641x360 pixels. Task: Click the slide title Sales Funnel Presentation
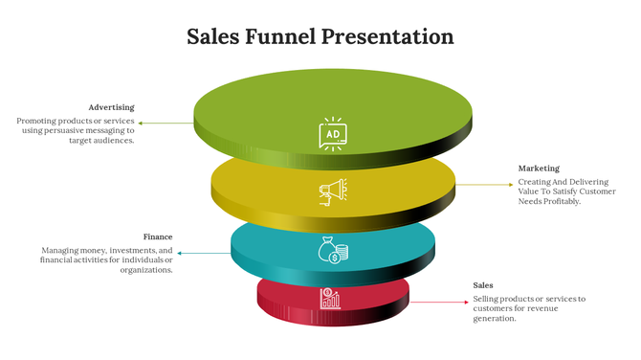(320, 37)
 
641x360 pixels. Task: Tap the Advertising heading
(111, 107)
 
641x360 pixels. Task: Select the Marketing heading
(539, 169)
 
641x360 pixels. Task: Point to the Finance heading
(158, 236)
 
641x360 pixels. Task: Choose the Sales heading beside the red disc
(483, 285)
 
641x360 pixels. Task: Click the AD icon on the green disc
(332, 134)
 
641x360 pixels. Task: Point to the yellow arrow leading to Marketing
(483, 184)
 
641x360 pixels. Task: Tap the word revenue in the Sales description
(542, 308)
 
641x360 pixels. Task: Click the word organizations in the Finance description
(146, 270)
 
